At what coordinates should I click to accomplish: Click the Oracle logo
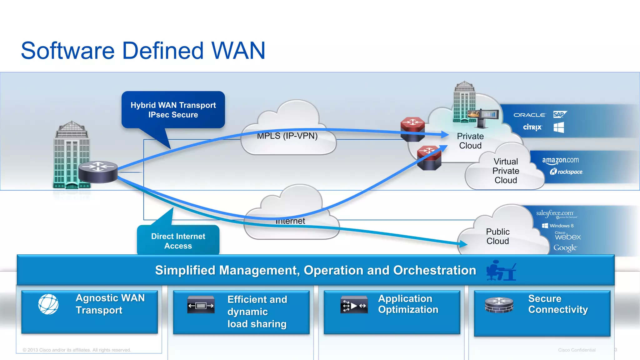pos(529,115)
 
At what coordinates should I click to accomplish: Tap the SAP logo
pos(559,114)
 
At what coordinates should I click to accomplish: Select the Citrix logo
pos(532,127)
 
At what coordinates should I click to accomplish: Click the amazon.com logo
pos(560,160)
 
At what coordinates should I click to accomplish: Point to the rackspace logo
pos(566,172)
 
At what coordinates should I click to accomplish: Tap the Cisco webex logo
pos(567,236)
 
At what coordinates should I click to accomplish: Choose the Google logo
pos(565,248)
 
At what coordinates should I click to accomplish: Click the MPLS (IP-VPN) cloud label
pos(287,136)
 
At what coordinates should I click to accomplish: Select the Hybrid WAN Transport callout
pos(173,110)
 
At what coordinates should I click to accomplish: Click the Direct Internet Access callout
pos(178,241)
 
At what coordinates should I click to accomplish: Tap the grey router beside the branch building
pos(98,172)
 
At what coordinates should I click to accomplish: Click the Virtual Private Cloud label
pos(506,171)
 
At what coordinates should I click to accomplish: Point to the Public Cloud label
pos(497,236)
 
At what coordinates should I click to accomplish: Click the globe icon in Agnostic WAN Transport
pos(48,304)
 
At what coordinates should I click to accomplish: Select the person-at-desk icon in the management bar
pos(501,270)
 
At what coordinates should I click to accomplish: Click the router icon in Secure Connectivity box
pos(499,305)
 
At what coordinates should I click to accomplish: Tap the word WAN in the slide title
pos(238,51)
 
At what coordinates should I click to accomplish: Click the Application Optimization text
pos(408,304)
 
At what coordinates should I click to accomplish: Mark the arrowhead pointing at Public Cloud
pos(464,244)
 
